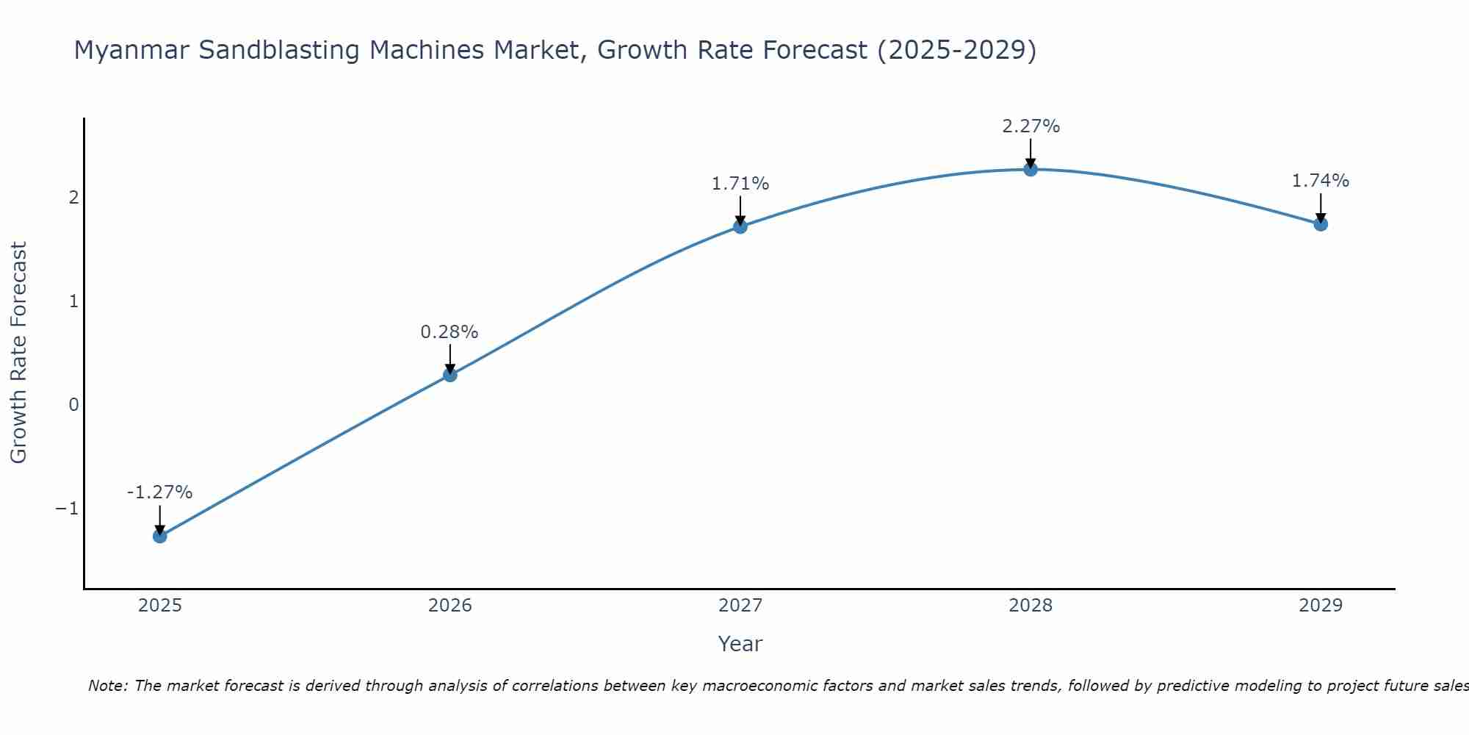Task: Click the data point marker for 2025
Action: click(x=159, y=536)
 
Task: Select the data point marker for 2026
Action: click(x=450, y=375)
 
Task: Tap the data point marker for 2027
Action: click(x=740, y=226)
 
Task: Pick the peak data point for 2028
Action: click(x=1031, y=169)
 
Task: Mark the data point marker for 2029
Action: click(x=1321, y=223)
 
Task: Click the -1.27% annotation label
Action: click(x=159, y=492)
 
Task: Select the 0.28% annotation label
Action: click(x=450, y=332)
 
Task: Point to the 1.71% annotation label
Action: click(x=740, y=184)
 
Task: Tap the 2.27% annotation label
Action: click(x=1031, y=126)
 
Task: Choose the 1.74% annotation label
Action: click(x=1321, y=181)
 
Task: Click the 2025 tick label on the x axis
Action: click(x=160, y=606)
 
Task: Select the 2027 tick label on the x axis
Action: click(x=740, y=606)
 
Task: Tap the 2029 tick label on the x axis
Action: click(x=1321, y=606)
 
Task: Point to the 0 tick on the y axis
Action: click(x=73, y=405)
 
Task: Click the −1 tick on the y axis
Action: click(x=68, y=509)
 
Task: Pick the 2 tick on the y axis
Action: click(x=73, y=198)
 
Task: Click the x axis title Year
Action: click(x=740, y=644)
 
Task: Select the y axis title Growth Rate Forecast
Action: click(x=18, y=353)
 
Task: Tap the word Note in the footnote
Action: click(x=108, y=686)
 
